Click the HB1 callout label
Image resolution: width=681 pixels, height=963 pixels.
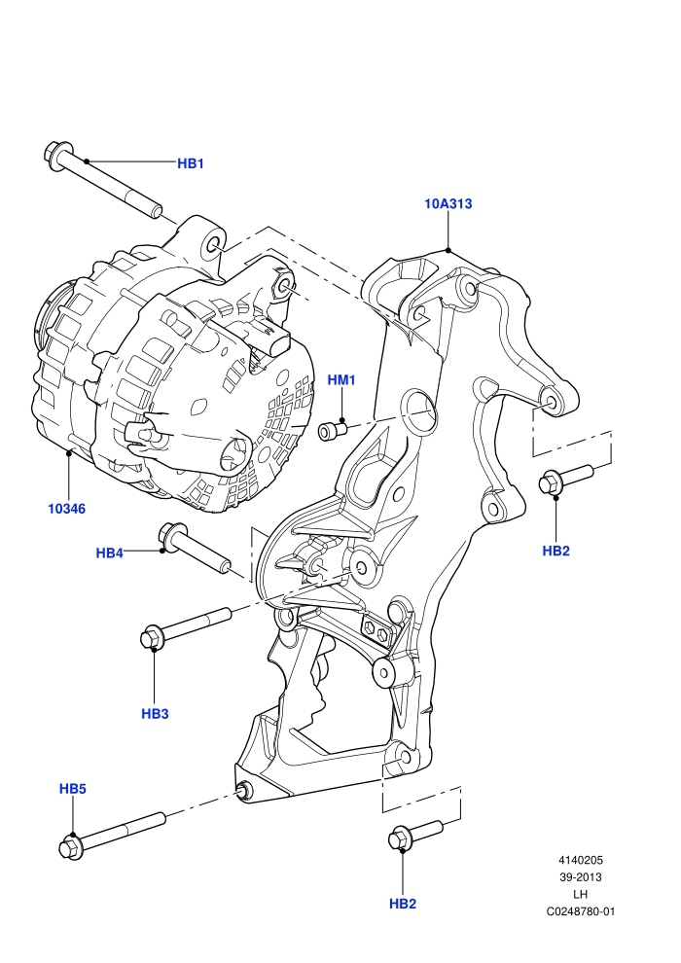tap(191, 163)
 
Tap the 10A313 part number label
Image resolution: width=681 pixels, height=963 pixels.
tap(448, 203)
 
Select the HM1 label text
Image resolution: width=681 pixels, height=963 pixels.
tap(341, 380)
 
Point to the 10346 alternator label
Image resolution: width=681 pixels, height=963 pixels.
tap(67, 509)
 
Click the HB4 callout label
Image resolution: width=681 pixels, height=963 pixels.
tap(109, 553)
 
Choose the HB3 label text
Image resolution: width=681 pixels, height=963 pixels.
tap(155, 714)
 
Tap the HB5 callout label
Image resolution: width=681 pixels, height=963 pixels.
tap(72, 789)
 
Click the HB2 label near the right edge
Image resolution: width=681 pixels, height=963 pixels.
tap(556, 551)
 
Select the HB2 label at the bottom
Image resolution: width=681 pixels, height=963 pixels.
tap(403, 904)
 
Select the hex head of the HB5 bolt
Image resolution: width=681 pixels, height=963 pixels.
tap(70, 847)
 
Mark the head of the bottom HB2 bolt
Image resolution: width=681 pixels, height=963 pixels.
tap(400, 838)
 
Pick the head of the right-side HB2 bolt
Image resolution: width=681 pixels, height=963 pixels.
tap(551, 482)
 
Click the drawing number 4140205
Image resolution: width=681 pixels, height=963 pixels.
tap(580, 861)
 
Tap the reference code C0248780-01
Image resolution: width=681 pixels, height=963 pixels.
tap(580, 911)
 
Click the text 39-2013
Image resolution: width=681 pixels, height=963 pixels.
tap(580, 877)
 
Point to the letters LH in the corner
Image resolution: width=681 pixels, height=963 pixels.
tap(580, 894)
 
